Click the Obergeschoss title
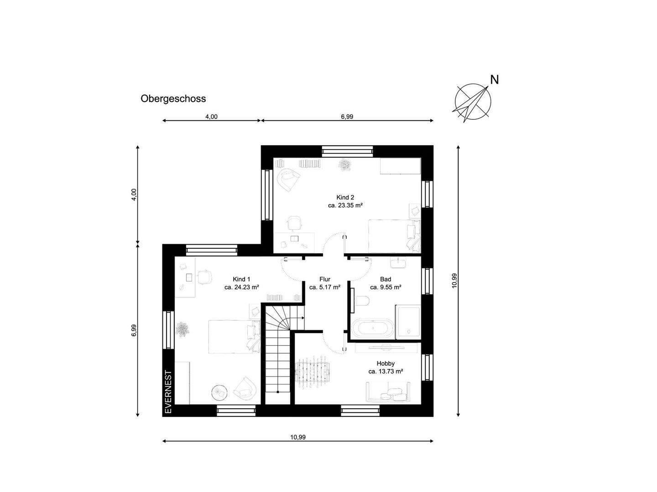coord(173,98)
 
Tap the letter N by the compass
coord(495,80)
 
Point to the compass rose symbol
coord(472,102)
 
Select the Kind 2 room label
coord(345,197)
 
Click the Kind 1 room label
coord(241,279)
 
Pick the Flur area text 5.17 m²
coord(328,287)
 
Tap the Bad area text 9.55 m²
coord(390,287)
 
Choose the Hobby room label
coord(386,363)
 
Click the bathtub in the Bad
coord(373,328)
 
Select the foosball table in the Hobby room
coord(312,372)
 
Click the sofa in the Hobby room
coord(388,391)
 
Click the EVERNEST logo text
coord(168,392)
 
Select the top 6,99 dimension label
coord(347,117)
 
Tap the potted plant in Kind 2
coord(344,165)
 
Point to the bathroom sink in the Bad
coord(398,263)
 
